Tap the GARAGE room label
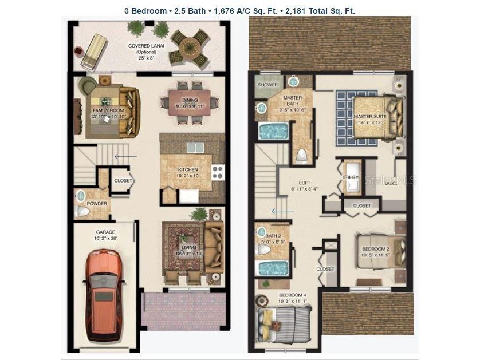click(105, 232)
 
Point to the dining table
click(189, 102)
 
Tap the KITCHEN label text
click(188, 170)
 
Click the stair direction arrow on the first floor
click(125, 156)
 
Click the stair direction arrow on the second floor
click(282, 211)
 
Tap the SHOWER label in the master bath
click(267, 85)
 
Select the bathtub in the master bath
click(274, 131)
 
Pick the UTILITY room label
click(350, 178)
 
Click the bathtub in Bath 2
click(273, 268)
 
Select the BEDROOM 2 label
click(375, 248)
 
